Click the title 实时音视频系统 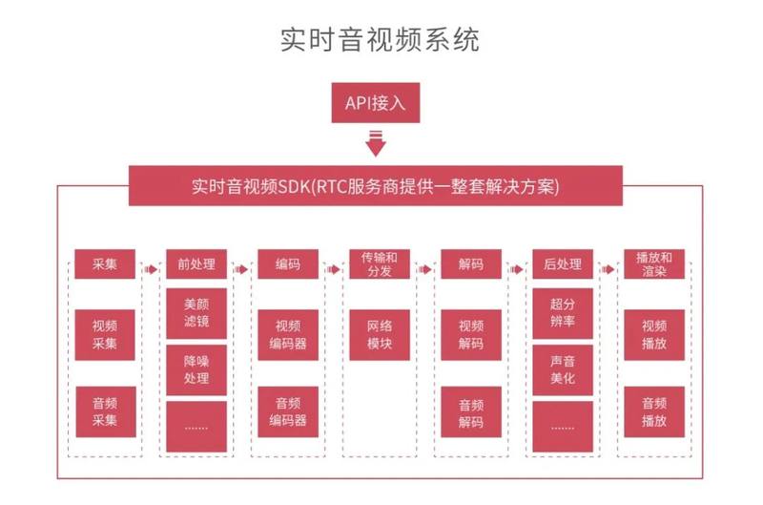[x=381, y=39]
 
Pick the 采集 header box [x=105, y=264]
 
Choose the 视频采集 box [x=105, y=334]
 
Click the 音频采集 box [x=105, y=411]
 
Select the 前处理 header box [x=196, y=264]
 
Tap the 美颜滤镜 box [x=196, y=313]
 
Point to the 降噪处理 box [x=196, y=369]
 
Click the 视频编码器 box [x=287, y=334]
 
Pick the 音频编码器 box [x=287, y=411]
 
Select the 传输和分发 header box [x=379, y=264]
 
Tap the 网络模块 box [x=379, y=334]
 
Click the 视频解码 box [x=470, y=334]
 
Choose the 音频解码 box [x=470, y=411]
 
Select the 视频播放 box [x=653, y=334]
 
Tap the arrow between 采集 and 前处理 [x=151, y=269]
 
